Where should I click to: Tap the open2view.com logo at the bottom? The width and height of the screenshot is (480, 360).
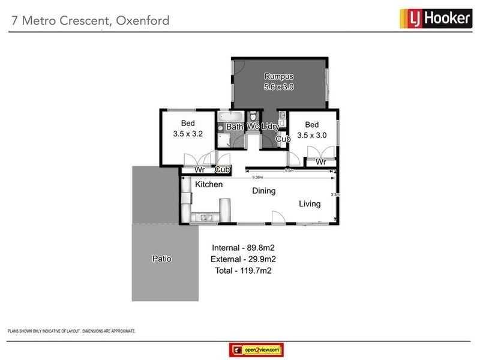(256, 349)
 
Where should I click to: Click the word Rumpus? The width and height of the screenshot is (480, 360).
(279, 76)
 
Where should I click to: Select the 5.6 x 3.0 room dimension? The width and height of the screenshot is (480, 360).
(279, 87)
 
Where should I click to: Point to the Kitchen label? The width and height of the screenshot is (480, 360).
(209, 185)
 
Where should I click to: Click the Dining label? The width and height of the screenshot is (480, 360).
(263, 191)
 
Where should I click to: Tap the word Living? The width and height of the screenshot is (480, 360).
(310, 204)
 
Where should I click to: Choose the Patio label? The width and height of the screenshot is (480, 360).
(161, 259)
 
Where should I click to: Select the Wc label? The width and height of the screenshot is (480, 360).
(253, 127)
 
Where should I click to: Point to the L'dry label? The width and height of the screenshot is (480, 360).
(271, 127)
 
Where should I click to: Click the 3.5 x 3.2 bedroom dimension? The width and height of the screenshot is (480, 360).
(187, 134)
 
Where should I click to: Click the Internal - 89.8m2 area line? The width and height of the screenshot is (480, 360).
(243, 247)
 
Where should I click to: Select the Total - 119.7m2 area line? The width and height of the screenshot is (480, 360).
(243, 271)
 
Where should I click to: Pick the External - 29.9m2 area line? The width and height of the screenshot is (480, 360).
(243, 259)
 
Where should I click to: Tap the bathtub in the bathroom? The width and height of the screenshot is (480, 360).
(229, 116)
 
